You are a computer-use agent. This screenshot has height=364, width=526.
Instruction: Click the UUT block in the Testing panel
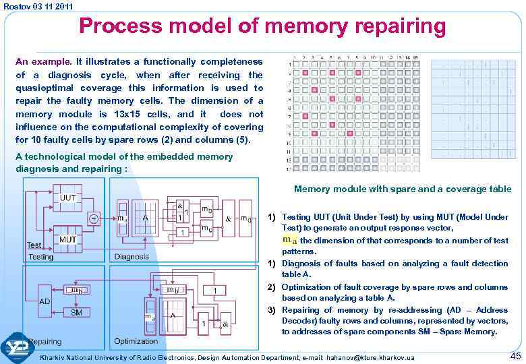[x=67, y=198]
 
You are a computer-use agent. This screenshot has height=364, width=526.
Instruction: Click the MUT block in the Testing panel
[x=67, y=239]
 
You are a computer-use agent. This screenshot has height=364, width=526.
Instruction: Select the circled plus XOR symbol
[x=94, y=219]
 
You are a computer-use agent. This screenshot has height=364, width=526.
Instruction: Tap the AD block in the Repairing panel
[x=45, y=301]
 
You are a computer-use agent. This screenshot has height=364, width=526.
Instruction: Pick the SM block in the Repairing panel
[x=76, y=312]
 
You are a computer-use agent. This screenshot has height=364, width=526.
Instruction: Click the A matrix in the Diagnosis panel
[x=145, y=217]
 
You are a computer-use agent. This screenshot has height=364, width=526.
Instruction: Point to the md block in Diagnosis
[x=247, y=218]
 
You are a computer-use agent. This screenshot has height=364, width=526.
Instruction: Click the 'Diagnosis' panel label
[x=131, y=257]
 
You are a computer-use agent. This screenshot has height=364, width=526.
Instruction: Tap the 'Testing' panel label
[x=41, y=257]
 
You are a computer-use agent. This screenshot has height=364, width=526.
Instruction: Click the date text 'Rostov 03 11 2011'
[x=38, y=6]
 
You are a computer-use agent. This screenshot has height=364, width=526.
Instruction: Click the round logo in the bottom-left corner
[x=18, y=348]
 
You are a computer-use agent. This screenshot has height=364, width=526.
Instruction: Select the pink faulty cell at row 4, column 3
[x=314, y=90]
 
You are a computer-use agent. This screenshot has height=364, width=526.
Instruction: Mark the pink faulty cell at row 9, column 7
[x=350, y=133]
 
